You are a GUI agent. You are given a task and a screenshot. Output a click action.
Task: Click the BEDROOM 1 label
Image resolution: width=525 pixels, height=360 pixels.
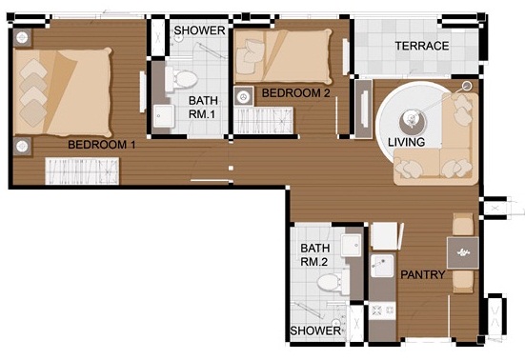pos(102,145)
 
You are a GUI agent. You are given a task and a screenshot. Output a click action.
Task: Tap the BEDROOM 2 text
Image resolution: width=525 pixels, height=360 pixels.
pos(296,93)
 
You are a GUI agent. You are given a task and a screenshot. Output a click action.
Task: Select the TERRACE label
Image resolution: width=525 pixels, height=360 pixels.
pos(422,46)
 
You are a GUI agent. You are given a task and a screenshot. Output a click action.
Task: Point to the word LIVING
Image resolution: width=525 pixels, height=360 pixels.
pos(407,142)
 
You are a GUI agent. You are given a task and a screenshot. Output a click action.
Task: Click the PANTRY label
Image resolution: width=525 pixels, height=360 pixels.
pos(423,274)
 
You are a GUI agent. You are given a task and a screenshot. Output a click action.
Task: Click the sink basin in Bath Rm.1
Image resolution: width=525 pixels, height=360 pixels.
pos(164,116)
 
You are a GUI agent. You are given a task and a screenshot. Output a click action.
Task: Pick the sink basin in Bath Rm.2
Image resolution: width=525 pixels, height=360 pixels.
pos(352,246)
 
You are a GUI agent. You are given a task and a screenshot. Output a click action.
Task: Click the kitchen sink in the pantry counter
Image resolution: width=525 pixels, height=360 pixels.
pos(382,266)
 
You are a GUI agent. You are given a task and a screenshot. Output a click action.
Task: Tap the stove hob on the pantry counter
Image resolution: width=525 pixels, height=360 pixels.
pos(382,310)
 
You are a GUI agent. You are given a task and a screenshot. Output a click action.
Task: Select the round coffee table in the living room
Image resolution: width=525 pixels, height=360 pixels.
pos(413,121)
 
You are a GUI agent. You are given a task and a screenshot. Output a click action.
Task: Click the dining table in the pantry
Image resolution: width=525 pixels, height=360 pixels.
pos(463,252)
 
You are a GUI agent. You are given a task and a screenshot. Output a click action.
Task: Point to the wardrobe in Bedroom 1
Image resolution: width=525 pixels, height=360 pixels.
pos(82,171)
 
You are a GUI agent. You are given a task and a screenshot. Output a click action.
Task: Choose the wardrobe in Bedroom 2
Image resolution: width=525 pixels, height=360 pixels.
pos(264,120)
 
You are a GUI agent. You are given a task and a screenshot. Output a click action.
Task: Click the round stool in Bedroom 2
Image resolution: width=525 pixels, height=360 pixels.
pos(243,97)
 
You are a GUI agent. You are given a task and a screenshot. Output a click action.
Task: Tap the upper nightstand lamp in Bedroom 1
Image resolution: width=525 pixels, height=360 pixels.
pos(22,37)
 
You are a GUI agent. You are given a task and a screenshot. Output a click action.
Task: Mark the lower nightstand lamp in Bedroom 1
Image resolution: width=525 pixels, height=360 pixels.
pos(22,147)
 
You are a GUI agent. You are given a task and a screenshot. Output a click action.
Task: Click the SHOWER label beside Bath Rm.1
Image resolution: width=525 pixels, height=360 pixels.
pos(199,30)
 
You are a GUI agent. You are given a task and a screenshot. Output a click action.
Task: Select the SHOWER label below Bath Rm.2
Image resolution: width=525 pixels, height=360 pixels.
pos(315,330)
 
